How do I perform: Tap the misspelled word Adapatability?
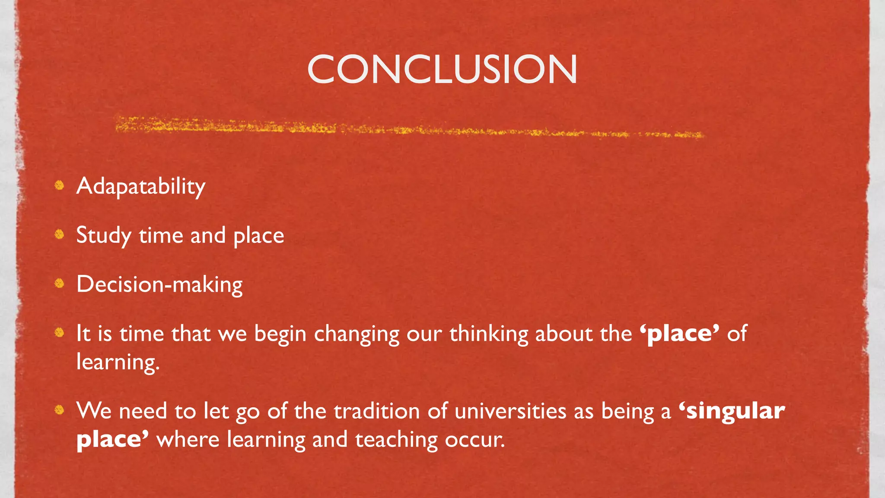[141, 186]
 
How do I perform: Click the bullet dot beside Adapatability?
[60, 185]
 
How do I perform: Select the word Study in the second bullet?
[104, 236]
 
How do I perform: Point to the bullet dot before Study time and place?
[60, 234]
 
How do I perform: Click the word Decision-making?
[159, 284]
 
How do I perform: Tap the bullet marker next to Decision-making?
[60, 284]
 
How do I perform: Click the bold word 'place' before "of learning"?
[679, 333]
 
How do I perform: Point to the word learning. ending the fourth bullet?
[118, 362]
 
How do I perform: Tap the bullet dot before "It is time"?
[60, 332]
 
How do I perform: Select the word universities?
[510, 411]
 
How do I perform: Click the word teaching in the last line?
[396, 440]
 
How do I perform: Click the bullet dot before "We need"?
[60, 410]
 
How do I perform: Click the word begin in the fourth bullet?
[280, 334]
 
